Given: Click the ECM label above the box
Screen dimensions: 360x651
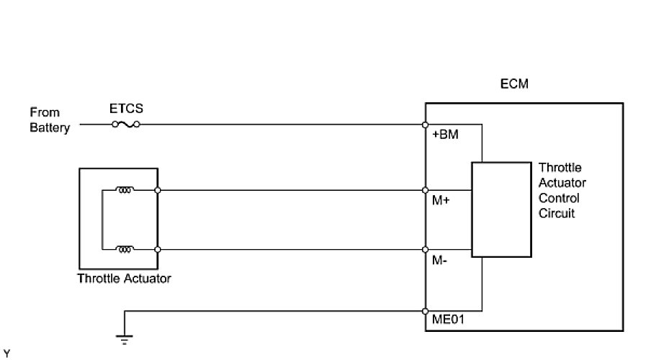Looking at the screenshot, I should [514, 84].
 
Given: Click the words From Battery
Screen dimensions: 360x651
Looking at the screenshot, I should [49, 120].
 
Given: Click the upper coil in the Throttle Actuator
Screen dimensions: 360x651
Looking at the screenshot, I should [125, 191].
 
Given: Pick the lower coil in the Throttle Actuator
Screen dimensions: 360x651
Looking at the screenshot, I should [125, 249].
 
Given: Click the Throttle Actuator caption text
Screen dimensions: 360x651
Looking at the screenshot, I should [124, 279].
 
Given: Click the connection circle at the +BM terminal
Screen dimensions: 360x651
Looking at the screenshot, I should [426, 125].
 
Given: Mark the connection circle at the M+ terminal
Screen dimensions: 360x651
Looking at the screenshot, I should [426, 191].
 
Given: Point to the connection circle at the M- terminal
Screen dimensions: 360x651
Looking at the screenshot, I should [426, 250].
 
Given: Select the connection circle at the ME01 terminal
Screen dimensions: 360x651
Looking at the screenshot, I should [426, 311].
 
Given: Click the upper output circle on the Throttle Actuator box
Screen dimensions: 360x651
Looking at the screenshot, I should [157, 191].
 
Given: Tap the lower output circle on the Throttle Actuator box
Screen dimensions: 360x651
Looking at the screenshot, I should [157, 250].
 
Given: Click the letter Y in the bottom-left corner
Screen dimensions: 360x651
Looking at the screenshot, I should [6, 353].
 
